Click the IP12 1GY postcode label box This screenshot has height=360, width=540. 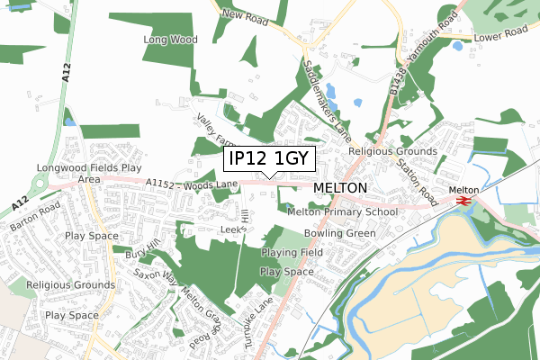point(269,159)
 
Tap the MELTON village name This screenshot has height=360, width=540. point(341,187)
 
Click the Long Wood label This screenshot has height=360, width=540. point(169,40)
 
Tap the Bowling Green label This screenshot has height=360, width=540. point(340,232)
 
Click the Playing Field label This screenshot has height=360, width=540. point(292,255)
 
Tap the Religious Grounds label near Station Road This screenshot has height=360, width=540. point(392,152)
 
